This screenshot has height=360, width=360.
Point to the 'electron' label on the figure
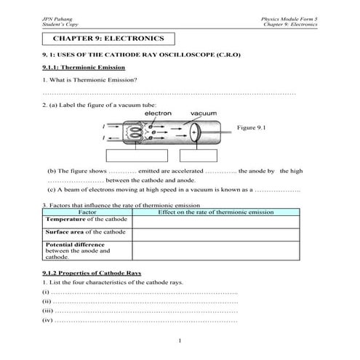158,113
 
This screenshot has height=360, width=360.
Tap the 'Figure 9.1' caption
252,127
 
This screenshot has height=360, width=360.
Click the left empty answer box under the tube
136,155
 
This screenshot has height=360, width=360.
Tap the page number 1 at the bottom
179,341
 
